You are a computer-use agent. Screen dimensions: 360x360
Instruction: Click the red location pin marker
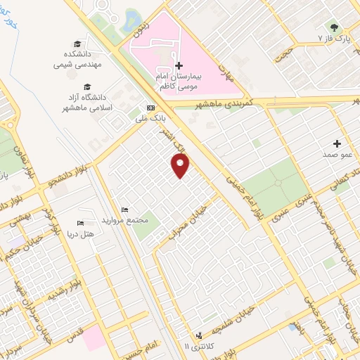[181, 165]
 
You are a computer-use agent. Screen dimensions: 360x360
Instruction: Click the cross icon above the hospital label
[179, 65]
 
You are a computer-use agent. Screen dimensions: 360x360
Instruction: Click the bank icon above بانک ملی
[150, 108]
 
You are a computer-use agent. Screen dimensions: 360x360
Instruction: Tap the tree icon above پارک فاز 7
[344, 27]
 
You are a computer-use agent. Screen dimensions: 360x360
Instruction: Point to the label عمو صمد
[337, 153]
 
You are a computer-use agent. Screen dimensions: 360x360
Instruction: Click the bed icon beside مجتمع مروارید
[125, 210]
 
